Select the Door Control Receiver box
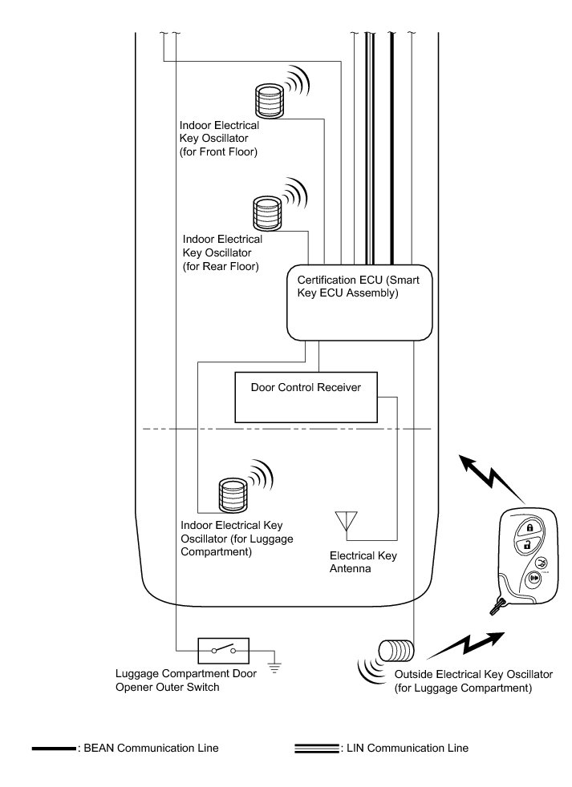(306, 398)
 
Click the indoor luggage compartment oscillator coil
(233, 495)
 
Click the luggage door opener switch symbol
(224, 651)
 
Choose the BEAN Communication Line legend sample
(54, 749)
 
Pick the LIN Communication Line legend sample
(317, 749)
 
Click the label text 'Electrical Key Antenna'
(363, 562)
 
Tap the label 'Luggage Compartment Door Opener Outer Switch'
(186, 680)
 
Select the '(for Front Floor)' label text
(219, 151)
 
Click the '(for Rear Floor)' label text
(221, 265)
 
